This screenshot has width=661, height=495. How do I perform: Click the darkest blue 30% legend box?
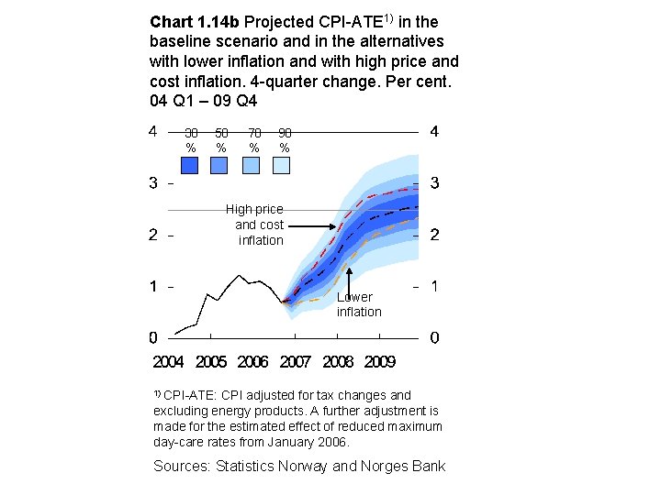point(190,165)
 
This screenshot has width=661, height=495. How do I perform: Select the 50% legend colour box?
point(219,165)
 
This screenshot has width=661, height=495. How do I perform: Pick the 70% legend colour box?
point(252,165)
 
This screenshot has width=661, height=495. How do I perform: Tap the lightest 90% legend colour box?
point(281,165)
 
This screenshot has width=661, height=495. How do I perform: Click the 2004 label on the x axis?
point(168,362)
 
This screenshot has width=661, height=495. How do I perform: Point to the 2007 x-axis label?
point(296,362)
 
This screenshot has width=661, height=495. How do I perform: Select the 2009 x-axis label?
point(380,362)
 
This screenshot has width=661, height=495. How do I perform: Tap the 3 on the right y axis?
point(433,183)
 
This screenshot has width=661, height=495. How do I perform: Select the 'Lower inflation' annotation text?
point(358,304)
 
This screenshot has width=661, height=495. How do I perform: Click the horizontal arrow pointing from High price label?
point(312,225)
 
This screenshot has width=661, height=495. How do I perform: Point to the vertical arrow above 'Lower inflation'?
point(350,279)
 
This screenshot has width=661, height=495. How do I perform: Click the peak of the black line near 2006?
point(240,275)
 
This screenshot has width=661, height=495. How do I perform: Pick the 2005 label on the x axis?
point(211,362)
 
